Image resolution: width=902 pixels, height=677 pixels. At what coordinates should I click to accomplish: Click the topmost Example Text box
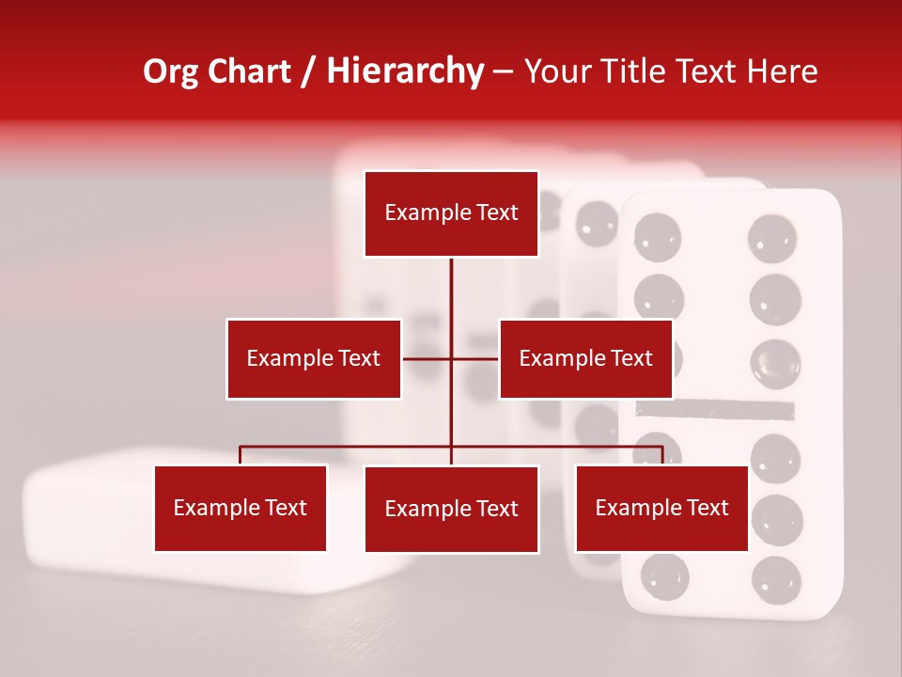click(x=451, y=213)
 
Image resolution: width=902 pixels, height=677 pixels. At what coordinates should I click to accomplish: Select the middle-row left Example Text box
click(x=313, y=358)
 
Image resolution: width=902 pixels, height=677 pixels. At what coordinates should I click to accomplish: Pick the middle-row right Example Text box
click(x=585, y=358)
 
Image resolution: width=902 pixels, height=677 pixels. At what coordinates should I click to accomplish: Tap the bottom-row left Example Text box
click(x=240, y=508)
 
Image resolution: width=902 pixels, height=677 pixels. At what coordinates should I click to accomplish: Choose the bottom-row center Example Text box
click(x=451, y=509)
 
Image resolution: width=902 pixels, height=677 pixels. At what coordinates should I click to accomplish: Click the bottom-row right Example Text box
click(x=661, y=508)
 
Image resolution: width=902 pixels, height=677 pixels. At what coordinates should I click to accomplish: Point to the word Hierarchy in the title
click(x=404, y=71)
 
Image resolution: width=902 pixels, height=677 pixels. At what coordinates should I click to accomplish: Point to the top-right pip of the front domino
click(x=773, y=236)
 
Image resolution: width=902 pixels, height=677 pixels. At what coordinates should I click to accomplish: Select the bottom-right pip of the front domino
click(x=776, y=577)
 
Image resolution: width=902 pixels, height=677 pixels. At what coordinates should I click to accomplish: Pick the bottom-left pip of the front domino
click(x=664, y=575)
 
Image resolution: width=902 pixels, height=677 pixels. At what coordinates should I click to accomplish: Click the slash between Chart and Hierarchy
click(x=307, y=71)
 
